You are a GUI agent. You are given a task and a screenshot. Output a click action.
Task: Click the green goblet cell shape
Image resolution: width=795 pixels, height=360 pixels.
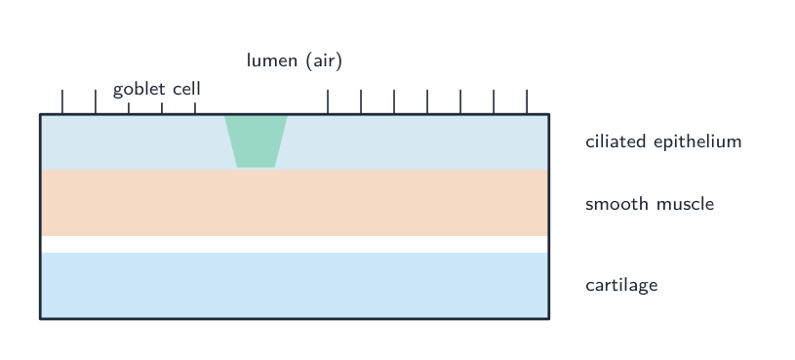pyautogui.click(x=256, y=141)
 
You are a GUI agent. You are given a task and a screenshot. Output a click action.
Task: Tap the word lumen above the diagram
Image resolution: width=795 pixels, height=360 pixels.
pyautogui.click(x=272, y=60)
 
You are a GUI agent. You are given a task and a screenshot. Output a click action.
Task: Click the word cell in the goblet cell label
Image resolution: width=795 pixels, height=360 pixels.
pyautogui.click(x=186, y=89)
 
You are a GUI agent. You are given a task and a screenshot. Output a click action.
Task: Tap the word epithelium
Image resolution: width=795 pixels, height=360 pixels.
pyautogui.click(x=697, y=141)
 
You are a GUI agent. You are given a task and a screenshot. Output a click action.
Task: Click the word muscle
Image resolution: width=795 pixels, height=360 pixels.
pyautogui.click(x=685, y=204)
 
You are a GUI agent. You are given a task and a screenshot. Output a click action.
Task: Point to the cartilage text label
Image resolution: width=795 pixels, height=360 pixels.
pyautogui.click(x=621, y=285)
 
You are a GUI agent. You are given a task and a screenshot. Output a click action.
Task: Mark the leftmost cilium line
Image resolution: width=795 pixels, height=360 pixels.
pyautogui.click(x=62, y=101)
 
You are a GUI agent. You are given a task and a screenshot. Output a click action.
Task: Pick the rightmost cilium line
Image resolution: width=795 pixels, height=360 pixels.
pyautogui.click(x=527, y=101)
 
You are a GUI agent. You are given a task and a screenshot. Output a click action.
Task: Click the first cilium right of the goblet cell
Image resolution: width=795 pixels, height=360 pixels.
pyautogui.click(x=328, y=101)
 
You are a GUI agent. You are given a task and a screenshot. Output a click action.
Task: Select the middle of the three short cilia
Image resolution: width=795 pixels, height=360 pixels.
pyautogui.click(x=162, y=108)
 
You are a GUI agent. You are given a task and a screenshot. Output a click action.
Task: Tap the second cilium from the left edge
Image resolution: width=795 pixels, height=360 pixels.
pyautogui.click(x=96, y=101)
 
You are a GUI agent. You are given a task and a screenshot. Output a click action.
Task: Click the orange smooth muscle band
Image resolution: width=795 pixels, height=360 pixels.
pyautogui.click(x=295, y=203)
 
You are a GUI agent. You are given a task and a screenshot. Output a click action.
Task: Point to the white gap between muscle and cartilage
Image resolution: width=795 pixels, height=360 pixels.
pyautogui.click(x=295, y=245)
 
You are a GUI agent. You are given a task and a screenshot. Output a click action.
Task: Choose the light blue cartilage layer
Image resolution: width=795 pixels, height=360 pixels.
pyautogui.click(x=295, y=285)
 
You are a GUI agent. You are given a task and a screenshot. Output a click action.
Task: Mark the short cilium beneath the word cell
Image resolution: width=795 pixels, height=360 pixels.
pyautogui.click(x=195, y=108)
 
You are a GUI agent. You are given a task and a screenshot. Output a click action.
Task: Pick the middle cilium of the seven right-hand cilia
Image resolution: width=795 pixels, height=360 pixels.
pyautogui.click(x=427, y=101)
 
